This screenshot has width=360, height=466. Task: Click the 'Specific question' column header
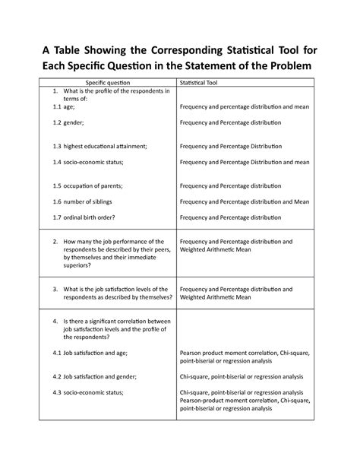pyautogui.click(x=107, y=81)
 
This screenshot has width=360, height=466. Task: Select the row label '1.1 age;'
pyautogui.click(x=65, y=108)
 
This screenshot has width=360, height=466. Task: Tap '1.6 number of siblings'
pyautogui.click(x=86, y=201)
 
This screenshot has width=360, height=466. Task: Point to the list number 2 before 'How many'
pyautogui.click(x=55, y=242)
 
